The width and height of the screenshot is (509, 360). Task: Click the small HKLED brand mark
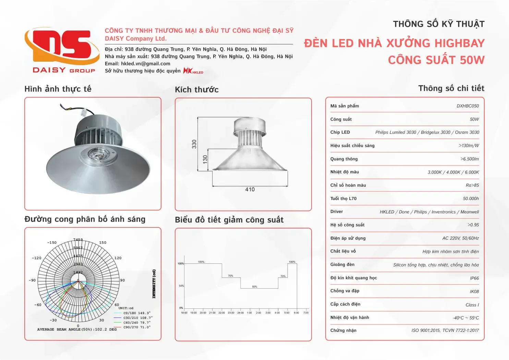point(193,71)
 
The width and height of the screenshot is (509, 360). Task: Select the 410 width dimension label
point(250,189)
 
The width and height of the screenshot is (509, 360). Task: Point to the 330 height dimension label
point(194,144)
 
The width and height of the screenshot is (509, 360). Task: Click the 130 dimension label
point(205,159)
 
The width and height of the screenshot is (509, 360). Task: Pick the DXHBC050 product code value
point(468,106)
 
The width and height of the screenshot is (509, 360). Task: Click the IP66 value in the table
point(474,278)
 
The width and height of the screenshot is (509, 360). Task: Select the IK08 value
point(474,291)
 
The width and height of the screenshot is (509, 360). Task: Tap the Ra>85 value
point(472,185)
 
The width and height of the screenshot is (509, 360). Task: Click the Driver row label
point(337,212)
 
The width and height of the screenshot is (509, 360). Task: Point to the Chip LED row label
point(340,132)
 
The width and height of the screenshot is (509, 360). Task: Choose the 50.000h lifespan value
point(471,199)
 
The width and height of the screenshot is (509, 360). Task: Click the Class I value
point(472,305)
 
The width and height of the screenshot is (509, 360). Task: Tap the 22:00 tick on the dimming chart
point(222,313)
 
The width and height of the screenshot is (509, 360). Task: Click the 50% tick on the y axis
point(181,286)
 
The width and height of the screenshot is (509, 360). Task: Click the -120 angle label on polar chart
point(37,258)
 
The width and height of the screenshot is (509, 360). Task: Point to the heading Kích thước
point(197,90)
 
